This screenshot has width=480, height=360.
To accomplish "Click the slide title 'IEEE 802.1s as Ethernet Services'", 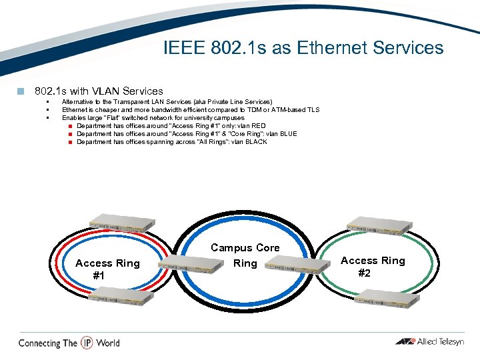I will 303,48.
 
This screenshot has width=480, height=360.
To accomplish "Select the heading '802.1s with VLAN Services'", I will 99,91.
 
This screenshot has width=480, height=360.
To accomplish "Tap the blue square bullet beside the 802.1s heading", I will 21,91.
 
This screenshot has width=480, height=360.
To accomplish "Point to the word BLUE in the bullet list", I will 288,134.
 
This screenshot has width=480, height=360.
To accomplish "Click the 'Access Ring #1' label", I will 107,269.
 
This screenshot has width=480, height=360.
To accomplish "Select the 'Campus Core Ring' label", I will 245,255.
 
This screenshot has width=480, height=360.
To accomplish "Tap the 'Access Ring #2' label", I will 373,267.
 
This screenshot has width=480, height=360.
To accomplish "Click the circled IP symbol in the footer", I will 87,343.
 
